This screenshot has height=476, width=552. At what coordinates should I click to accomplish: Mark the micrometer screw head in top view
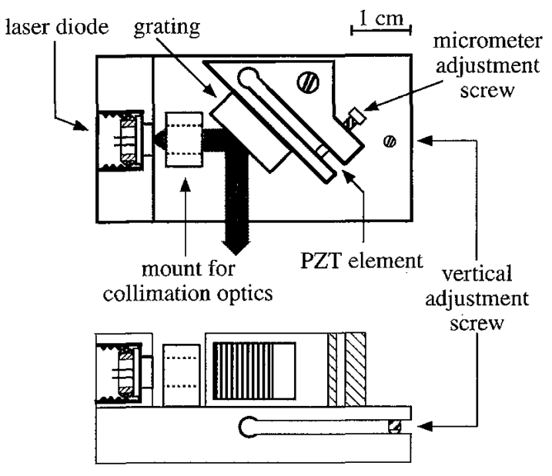pyautogui.click(x=355, y=119)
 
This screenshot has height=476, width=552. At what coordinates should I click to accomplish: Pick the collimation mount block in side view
pyautogui.click(x=182, y=368)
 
